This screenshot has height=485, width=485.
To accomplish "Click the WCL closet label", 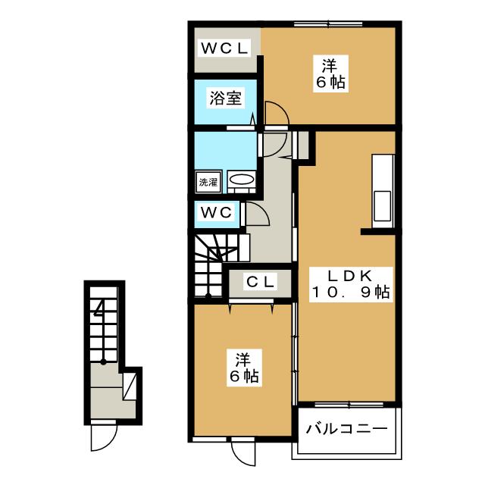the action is (x=224, y=48).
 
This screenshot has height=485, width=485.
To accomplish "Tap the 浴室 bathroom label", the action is (x=226, y=98).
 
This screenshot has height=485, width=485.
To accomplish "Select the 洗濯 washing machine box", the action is (x=208, y=182).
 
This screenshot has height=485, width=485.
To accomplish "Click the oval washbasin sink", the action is (x=241, y=180).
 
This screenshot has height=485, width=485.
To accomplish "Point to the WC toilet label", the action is (x=216, y=213).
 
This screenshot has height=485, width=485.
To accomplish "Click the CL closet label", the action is (x=260, y=281).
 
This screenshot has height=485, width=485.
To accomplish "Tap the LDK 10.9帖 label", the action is (x=351, y=284).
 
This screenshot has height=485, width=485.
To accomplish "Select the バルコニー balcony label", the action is (x=347, y=429).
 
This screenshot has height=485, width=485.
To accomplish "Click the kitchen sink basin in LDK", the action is (x=382, y=205).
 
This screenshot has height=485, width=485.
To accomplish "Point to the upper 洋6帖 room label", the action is (x=330, y=74).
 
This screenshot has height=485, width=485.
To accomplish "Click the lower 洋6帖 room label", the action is (x=244, y=368).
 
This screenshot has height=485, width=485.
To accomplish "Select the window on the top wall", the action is (x=328, y=24).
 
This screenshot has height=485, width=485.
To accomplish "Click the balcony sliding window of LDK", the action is (x=349, y=404).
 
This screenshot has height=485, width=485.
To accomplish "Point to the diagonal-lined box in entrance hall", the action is (x=130, y=386).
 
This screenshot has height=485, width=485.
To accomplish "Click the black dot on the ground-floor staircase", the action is (x=103, y=362).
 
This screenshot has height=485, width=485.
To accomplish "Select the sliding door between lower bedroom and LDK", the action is (x=296, y=352).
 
